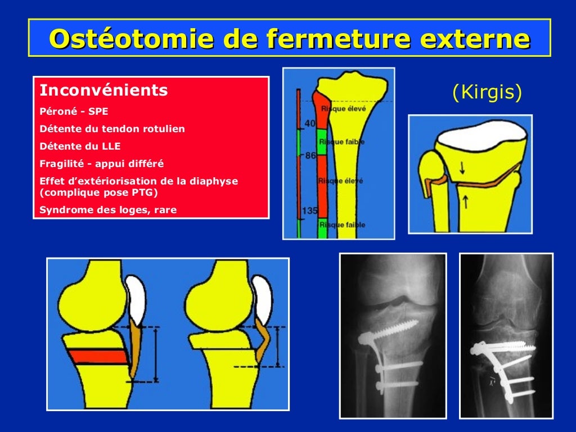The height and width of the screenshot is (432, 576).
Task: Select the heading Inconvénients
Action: click(103, 90)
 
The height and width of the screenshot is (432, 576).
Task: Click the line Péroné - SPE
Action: click(74, 111)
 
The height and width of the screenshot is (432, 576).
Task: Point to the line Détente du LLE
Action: click(80, 146)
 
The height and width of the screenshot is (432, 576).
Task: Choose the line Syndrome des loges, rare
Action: click(108, 210)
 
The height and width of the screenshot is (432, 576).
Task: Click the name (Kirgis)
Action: click(487, 92)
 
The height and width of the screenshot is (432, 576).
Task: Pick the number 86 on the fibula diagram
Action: click(310, 155)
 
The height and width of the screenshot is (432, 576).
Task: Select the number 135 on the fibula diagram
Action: click(308, 211)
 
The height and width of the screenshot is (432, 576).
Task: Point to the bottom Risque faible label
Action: click(342, 224)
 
